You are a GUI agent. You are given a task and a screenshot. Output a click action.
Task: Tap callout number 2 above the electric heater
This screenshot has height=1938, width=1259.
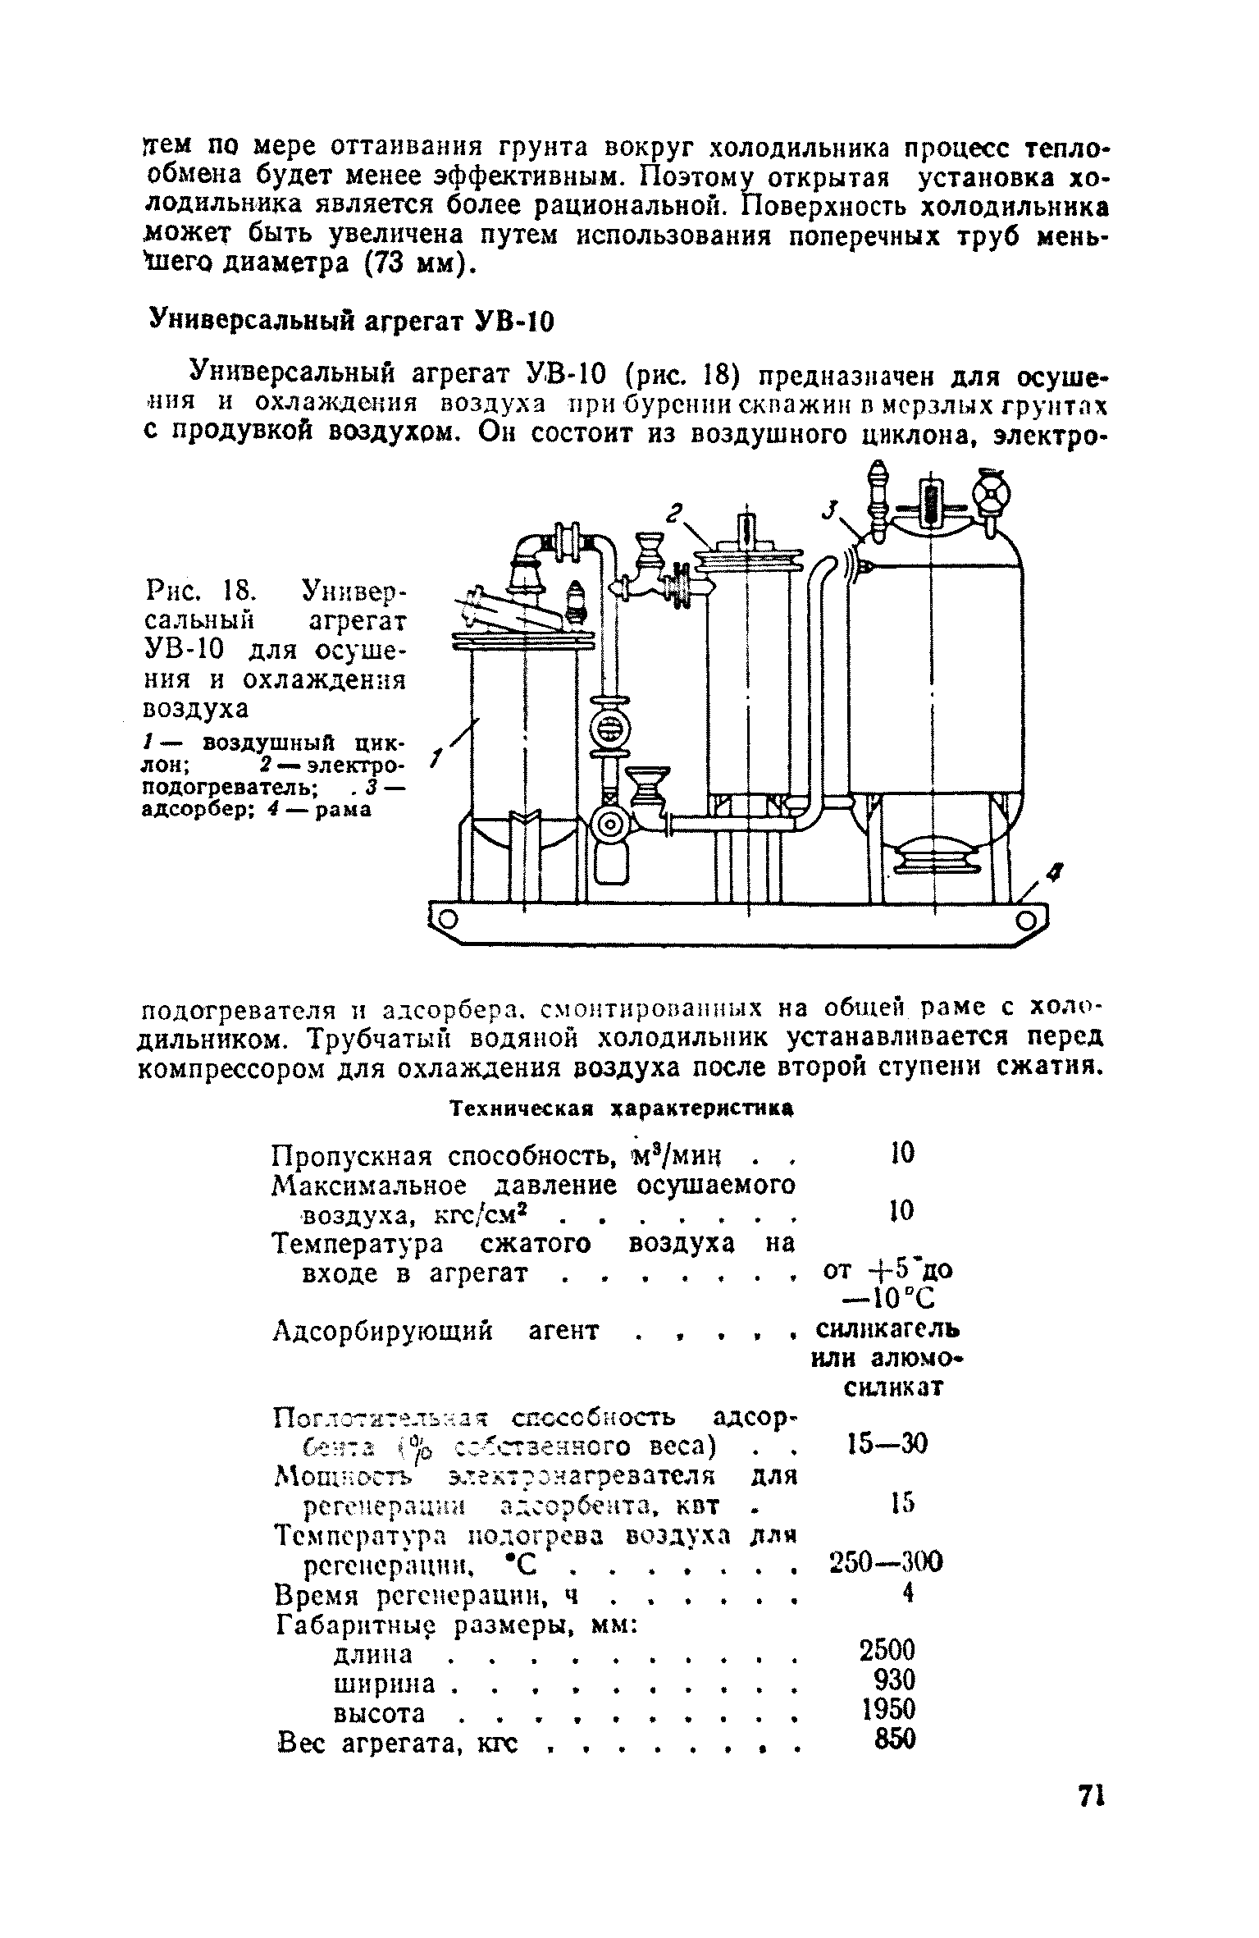[x=675, y=514]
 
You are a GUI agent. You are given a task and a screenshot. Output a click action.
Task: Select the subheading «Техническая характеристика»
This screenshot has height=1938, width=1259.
[x=624, y=1108]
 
